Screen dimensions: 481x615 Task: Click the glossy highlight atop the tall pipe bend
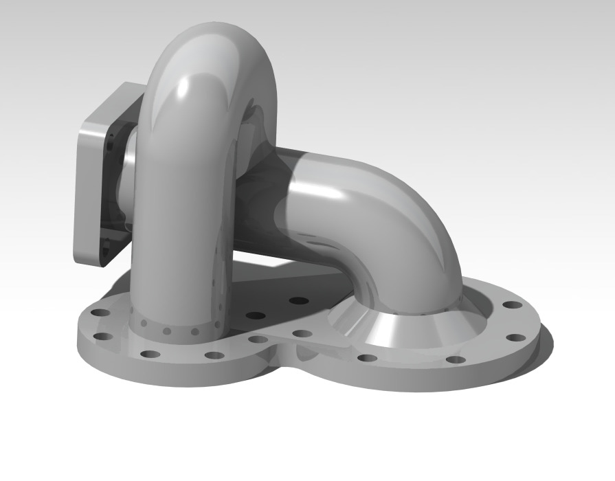click(x=184, y=88)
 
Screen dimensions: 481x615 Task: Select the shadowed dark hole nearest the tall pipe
click(x=256, y=316)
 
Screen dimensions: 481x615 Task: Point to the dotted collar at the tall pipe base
click(x=175, y=328)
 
